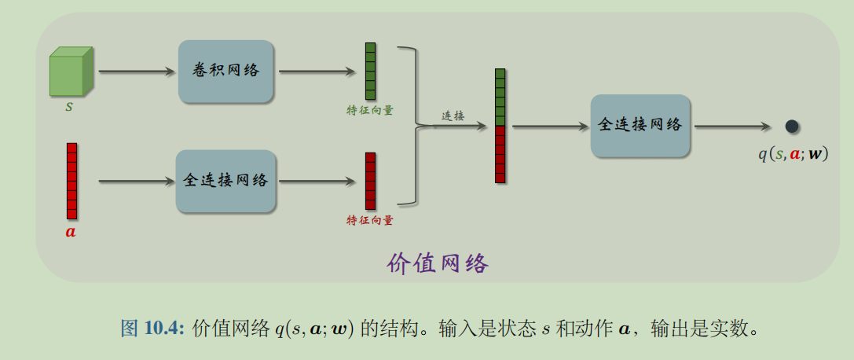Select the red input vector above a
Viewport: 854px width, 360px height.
pyautogui.click(x=71, y=181)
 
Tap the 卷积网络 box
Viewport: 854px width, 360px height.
pyautogui.click(x=226, y=72)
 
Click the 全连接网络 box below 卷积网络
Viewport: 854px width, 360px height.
pyautogui.click(x=226, y=181)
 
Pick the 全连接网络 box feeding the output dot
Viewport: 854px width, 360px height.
pyautogui.click(x=640, y=125)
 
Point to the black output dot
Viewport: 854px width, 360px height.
pyautogui.click(x=792, y=126)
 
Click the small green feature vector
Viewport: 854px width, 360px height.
pyautogui.click(x=370, y=71)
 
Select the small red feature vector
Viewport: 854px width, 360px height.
pyautogui.click(x=370, y=181)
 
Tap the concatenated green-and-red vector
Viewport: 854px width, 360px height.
pyautogui.click(x=500, y=126)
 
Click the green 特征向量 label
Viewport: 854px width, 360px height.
pyautogui.click(x=370, y=110)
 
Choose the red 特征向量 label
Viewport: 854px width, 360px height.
pyautogui.click(x=370, y=221)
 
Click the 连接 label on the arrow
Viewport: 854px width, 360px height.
pyautogui.click(x=453, y=116)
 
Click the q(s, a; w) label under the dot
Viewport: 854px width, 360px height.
pyautogui.click(x=793, y=154)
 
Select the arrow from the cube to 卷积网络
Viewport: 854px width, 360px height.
pyautogui.click(x=137, y=72)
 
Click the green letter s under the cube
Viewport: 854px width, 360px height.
pyautogui.click(x=69, y=105)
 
